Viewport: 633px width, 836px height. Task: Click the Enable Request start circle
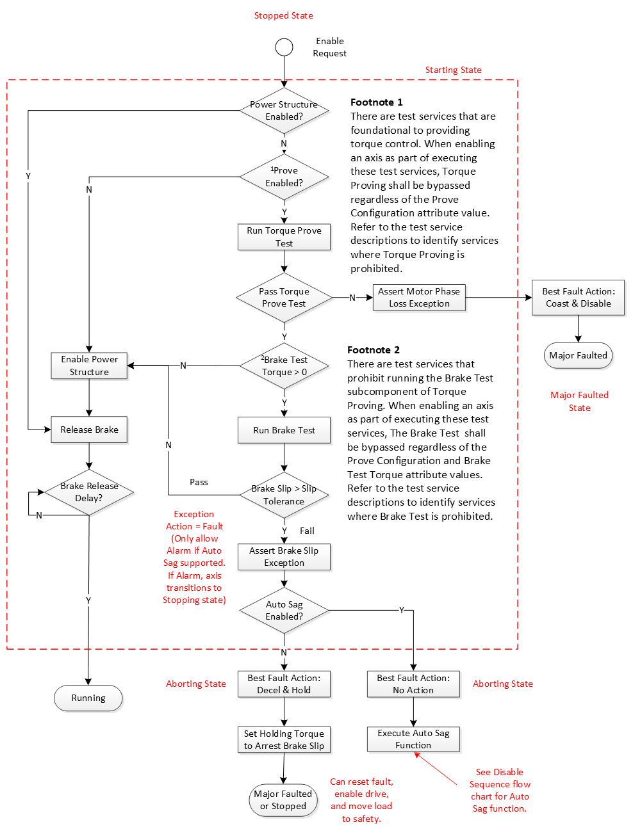(x=284, y=47)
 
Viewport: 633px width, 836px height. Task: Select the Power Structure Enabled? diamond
(x=284, y=111)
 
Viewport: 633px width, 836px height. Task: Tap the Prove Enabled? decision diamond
(x=284, y=177)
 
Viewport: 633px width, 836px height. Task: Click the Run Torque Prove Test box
(x=284, y=237)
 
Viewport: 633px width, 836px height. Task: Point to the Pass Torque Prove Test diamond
(x=284, y=298)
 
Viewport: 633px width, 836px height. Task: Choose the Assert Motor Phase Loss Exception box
(x=419, y=298)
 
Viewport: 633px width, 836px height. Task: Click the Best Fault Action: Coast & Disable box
(x=578, y=298)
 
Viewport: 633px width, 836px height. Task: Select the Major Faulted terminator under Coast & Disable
(x=578, y=355)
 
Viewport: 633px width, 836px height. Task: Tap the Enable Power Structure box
(x=89, y=366)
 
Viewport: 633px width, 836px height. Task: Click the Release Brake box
(x=89, y=430)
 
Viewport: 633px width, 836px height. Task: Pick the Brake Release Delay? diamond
(x=89, y=492)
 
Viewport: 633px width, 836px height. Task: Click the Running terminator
(x=88, y=698)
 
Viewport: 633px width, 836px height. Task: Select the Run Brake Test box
(x=284, y=430)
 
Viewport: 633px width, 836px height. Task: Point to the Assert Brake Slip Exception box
(x=284, y=557)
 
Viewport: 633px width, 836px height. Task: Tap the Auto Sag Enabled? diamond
(x=284, y=611)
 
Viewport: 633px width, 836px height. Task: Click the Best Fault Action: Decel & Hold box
(x=284, y=684)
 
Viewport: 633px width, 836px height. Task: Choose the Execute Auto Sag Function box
(x=413, y=739)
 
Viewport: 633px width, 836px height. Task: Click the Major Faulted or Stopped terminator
(x=283, y=800)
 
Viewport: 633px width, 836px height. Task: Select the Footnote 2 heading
(x=374, y=350)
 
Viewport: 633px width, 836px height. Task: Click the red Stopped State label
(x=283, y=15)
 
